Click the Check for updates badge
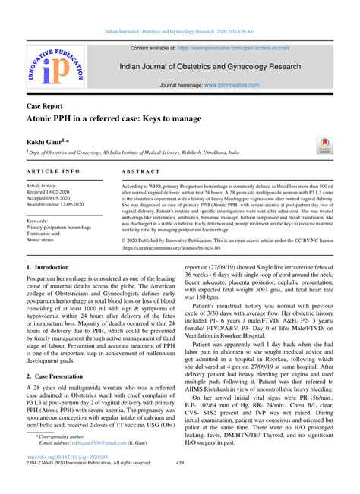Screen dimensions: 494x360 tap(325, 145)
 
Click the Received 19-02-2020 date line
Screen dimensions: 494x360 tap(54, 193)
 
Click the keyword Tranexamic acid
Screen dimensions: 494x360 tap(48, 233)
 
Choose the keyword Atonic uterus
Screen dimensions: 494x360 tap(44, 240)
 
